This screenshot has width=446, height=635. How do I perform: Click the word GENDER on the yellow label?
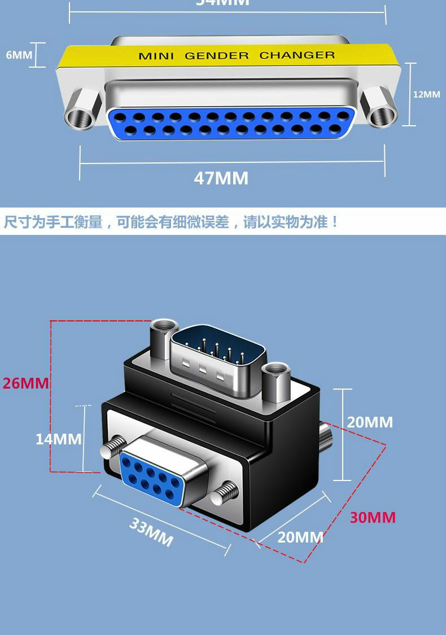(216, 55)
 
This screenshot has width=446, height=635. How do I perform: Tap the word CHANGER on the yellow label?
(297, 55)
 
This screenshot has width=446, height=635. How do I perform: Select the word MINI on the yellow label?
(156, 56)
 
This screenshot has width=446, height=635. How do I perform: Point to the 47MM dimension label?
(221, 178)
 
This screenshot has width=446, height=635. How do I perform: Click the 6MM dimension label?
(19, 55)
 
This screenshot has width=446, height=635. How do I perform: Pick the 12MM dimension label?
(426, 94)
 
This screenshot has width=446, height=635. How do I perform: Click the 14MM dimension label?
(58, 438)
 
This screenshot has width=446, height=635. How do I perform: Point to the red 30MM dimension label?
(373, 517)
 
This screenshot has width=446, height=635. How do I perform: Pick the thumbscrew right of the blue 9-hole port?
(226, 492)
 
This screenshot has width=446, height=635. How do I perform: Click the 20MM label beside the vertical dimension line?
(369, 422)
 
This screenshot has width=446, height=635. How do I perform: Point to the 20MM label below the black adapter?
(300, 537)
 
